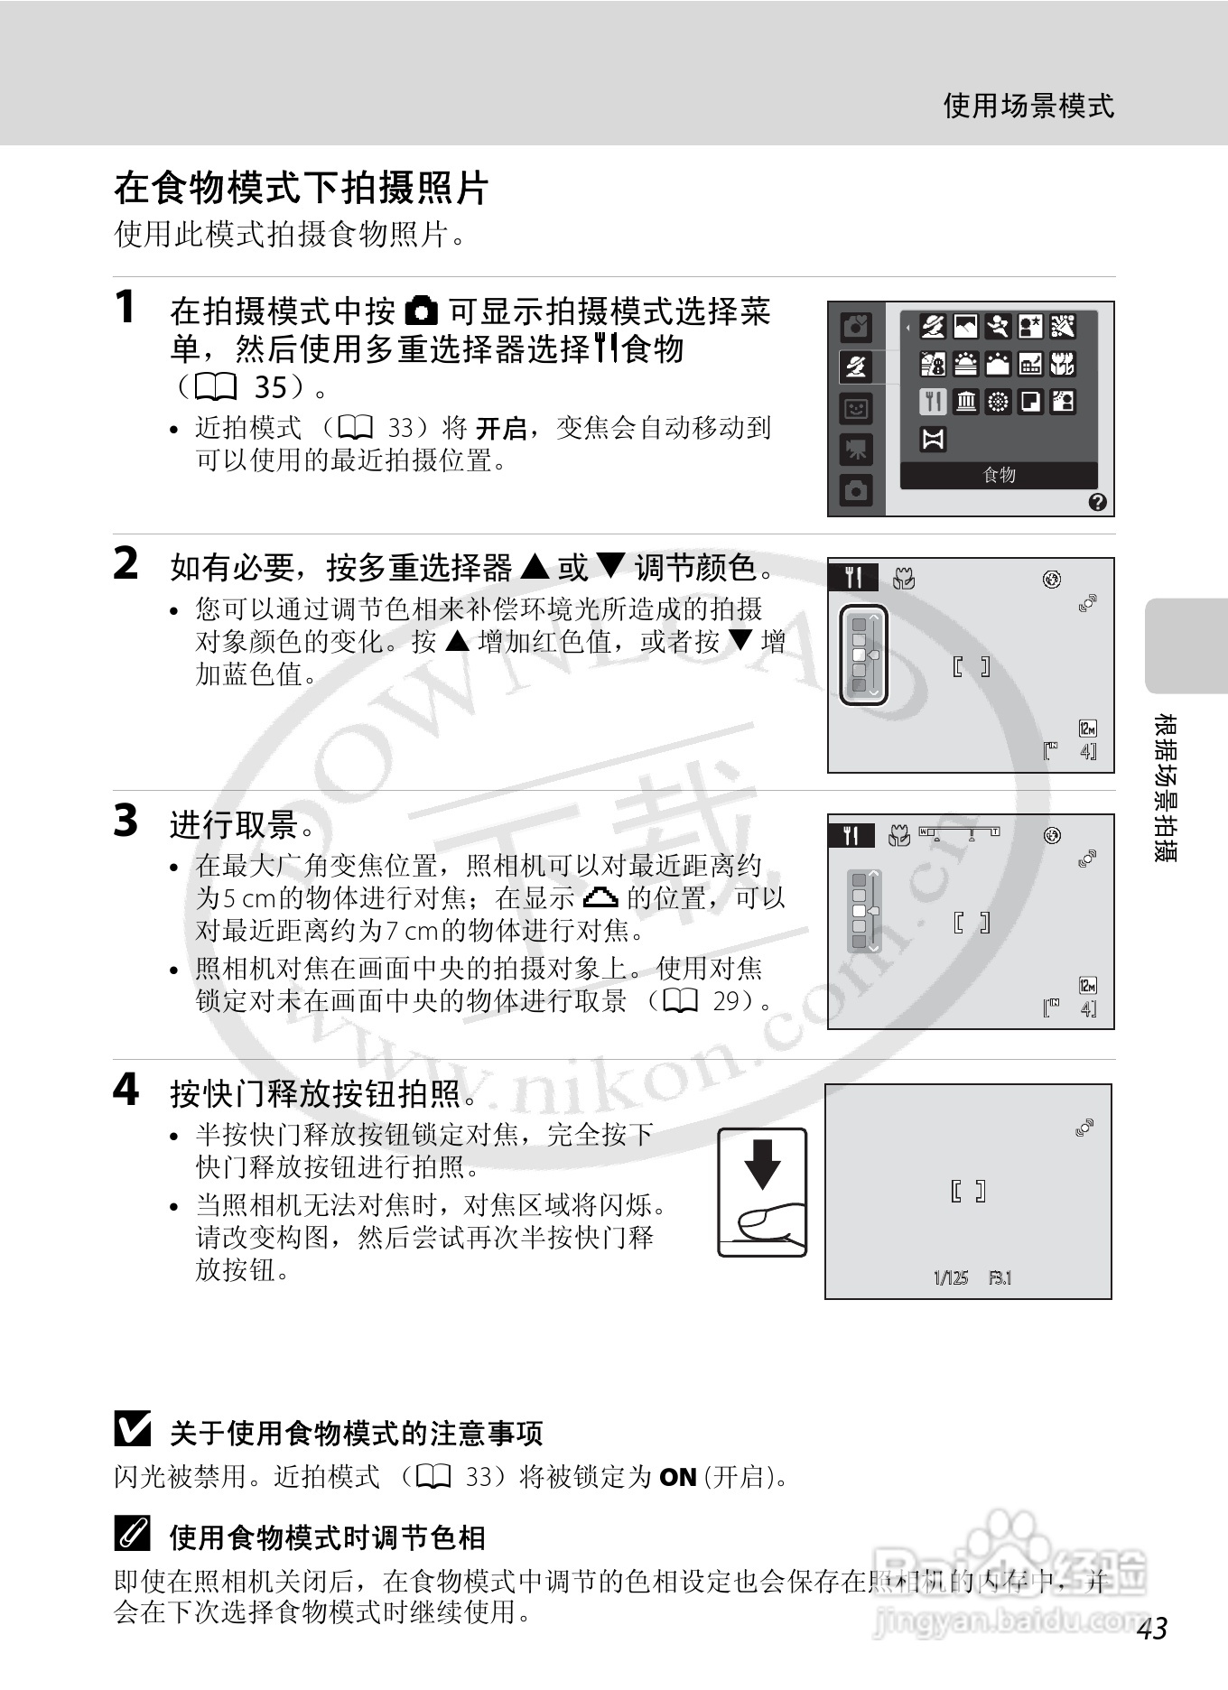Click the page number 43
tap(1152, 1628)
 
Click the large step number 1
tap(126, 307)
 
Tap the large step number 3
tap(126, 821)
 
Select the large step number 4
tap(126, 1090)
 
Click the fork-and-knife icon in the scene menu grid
tap(933, 402)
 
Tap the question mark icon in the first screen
tap(1097, 502)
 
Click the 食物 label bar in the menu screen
tap(999, 475)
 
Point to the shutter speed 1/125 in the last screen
tap(950, 1277)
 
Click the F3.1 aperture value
tap(1000, 1277)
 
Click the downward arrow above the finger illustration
tap(762, 1165)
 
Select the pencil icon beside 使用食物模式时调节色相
tap(133, 1534)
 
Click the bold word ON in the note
tap(677, 1478)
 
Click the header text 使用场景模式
tap(1028, 106)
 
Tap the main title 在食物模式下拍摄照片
tap(301, 189)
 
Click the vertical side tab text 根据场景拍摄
tap(1166, 787)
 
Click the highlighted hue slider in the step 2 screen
tap(864, 655)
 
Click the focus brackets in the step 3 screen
tap(972, 923)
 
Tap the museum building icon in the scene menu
tap(965, 402)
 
